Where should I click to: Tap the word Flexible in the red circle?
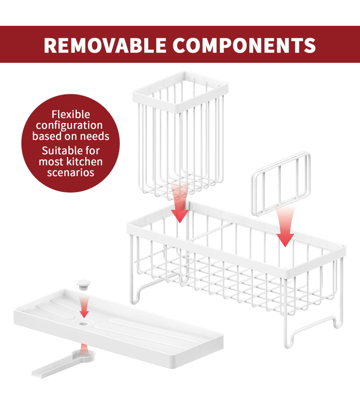[x=70, y=114]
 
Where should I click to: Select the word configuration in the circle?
[x=69, y=126]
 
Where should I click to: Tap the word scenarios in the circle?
[x=70, y=173]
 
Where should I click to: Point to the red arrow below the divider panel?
[x=285, y=228]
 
